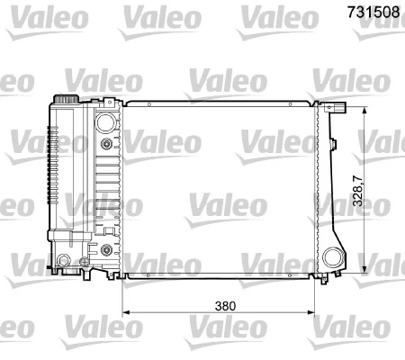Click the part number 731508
click(371, 13)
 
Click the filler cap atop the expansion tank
click(65, 96)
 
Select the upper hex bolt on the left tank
click(107, 143)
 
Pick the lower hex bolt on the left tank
click(107, 247)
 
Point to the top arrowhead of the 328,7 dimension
click(364, 109)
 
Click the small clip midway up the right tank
click(334, 144)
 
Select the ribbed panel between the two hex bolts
click(107, 193)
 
